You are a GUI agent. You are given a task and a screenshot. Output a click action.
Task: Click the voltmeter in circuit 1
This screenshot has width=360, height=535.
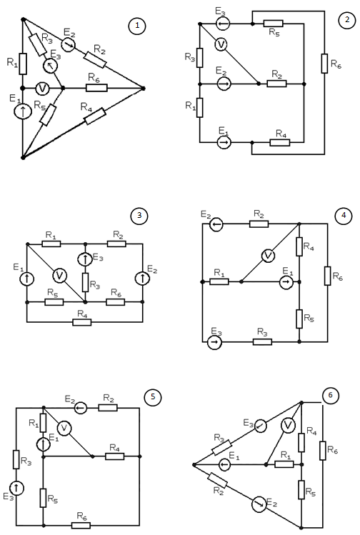click(x=42, y=89)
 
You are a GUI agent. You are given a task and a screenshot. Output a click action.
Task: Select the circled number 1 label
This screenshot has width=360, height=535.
click(x=137, y=26)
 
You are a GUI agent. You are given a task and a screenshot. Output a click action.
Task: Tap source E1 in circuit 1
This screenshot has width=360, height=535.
click(x=23, y=111)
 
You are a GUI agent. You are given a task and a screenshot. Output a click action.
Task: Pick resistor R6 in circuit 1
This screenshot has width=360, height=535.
click(x=96, y=88)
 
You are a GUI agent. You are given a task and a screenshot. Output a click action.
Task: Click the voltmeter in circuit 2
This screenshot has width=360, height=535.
click(x=221, y=44)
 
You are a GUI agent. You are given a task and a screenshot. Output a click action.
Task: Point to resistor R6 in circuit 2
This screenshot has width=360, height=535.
click(x=324, y=63)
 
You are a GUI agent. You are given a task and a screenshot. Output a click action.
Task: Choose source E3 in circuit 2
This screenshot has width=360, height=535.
click(x=223, y=24)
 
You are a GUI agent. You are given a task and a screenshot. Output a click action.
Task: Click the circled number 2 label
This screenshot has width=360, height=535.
click(x=347, y=20)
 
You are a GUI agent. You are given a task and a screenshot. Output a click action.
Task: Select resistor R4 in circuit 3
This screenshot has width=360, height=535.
click(x=82, y=322)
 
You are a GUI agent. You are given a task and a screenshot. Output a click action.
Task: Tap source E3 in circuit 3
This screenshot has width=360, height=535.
click(x=85, y=259)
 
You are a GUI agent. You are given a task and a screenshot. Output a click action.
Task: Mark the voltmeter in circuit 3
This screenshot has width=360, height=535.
click(x=60, y=275)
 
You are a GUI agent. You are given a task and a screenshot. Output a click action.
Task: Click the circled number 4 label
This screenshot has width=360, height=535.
click(x=344, y=216)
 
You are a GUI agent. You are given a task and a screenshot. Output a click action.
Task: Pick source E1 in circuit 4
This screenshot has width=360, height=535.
click(x=286, y=282)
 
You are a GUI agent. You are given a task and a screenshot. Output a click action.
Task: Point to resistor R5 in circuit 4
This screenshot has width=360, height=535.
click(x=299, y=319)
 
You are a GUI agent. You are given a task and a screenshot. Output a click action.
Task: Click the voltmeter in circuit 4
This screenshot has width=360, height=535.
click(x=268, y=256)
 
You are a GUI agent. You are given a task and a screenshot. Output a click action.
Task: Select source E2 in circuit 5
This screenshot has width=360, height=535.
click(x=81, y=407)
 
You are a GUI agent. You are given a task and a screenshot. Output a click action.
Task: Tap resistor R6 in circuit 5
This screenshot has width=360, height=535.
click(x=81, y=525)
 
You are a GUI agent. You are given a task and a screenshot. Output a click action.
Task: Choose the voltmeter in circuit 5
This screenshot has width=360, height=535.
click(x=64, y=428)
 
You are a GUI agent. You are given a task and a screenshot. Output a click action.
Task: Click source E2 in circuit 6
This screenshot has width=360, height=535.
click(x=259, y=504)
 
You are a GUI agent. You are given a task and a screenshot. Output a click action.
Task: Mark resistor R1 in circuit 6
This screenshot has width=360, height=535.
click(x=284, y=464)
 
